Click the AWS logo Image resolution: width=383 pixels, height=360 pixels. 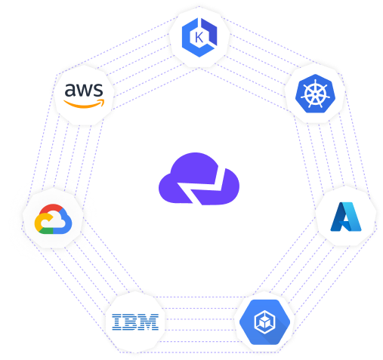pyautogui.click(x=84, y=96)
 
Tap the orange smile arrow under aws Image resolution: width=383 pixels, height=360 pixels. pyautogui.click(x=84, y=104)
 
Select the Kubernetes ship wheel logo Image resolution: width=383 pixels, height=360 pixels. pyautogui.click(x=315, y=94)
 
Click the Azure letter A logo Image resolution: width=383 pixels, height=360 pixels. pyautogui.click(x=346, y=217)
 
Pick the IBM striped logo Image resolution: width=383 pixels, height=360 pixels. pyautogui.click(x=135, y=322)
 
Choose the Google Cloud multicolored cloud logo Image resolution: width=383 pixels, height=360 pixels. pyautogui.click(x=53, y=219)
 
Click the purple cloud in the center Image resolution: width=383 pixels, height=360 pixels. pyautogui.click(x=199, y=179)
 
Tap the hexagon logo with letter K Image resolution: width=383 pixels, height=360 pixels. pyautogui.click(x=199, y=38)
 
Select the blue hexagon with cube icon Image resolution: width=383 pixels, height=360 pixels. pyautogui.click(x=264, y=322)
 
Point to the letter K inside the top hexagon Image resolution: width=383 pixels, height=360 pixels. pyautogui.click(x=199, y=38)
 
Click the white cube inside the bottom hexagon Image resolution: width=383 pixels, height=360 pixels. pyautogui.click(x=264, y=322)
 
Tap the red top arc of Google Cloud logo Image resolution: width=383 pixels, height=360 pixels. pyautogui.click(x=51, y=209)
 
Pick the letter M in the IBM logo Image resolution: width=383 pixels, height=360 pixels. pyautogui.click(x=150, y=322)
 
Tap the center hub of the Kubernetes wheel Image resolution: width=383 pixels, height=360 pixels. pyautogui.click(x=315, y=94)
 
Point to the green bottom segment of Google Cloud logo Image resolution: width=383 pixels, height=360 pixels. pyautogui.click(x=46, y=230)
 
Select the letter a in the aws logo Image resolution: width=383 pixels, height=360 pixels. pyautogui.click(x=70, y=90)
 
